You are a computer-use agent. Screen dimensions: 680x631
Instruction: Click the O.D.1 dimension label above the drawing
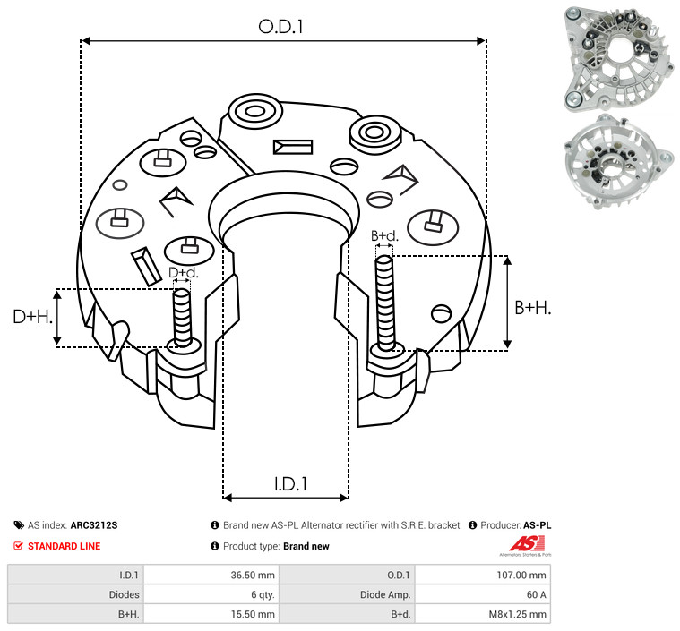tap(280, 27)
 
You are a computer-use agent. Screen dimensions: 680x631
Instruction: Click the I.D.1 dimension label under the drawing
tap(290, 484)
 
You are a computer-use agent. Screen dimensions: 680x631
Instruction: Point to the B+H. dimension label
tap(532, 308)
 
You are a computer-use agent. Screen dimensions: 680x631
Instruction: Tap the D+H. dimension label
tap(33, 317)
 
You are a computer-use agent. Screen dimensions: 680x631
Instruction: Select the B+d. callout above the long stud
tap(384, 235)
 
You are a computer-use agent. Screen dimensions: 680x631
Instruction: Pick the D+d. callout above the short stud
tap(183, 273)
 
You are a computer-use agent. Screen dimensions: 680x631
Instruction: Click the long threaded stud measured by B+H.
tap(385, 303)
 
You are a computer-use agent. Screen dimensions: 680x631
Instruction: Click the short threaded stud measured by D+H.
tap(182, 317)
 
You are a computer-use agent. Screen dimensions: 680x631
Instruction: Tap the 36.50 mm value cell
tap(253, 576)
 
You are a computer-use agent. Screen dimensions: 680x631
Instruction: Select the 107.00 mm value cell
tap(521, 576)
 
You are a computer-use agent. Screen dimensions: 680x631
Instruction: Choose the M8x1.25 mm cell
tap(517, 614)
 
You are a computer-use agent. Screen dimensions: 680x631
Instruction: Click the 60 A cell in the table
tap(536, 594)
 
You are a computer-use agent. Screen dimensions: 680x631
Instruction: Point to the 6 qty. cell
tap(263, 594)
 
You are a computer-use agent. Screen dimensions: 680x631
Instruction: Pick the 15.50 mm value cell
tap(253, 614)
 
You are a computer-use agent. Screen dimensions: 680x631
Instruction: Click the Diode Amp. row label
tap(385, 594)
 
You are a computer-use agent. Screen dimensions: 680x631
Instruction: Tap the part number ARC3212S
tap(94, 525)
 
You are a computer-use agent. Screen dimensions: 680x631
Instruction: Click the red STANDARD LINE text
tap(65, 546)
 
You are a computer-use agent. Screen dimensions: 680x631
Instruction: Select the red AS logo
tap(526, 544)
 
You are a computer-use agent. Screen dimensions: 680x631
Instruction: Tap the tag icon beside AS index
tap(19, 525)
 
